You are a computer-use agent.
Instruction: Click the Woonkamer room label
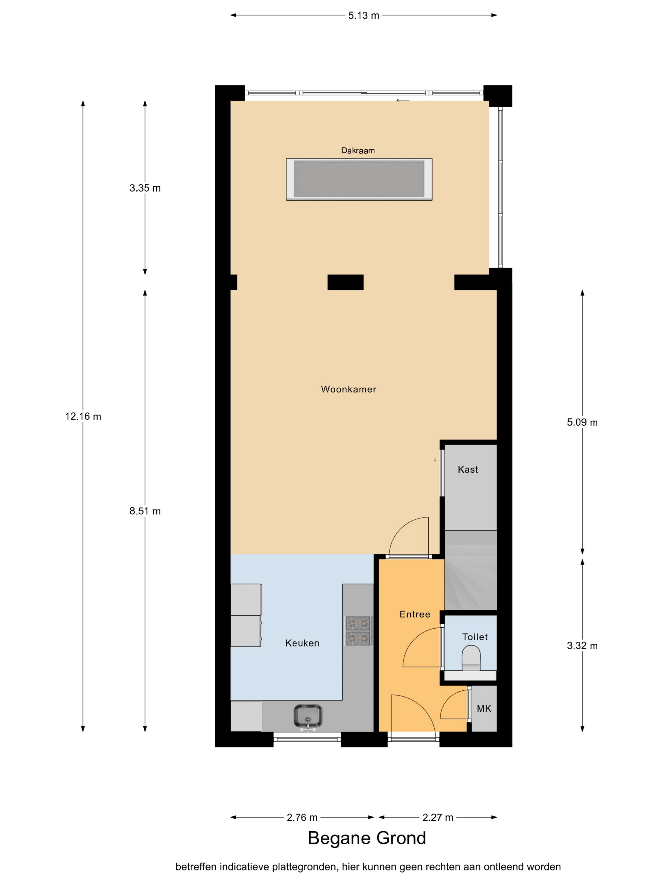(349, 389)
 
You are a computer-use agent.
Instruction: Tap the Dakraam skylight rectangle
(359, 179)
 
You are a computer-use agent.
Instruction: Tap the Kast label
(468, 469)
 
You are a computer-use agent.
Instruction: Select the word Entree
(415, 614)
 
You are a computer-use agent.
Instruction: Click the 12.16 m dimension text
(83, 416)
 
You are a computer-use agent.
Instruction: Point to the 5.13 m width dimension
(363, 15)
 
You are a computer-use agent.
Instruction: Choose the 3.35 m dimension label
(145, 188)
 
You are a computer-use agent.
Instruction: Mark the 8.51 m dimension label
(145, 511)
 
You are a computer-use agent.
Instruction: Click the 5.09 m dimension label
(582, 422)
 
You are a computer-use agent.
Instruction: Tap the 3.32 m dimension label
(582, 646)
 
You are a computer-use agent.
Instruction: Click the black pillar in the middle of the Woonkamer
(346, 282)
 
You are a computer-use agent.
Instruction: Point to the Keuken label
(302, 643)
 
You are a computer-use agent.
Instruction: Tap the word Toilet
(475, 637)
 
